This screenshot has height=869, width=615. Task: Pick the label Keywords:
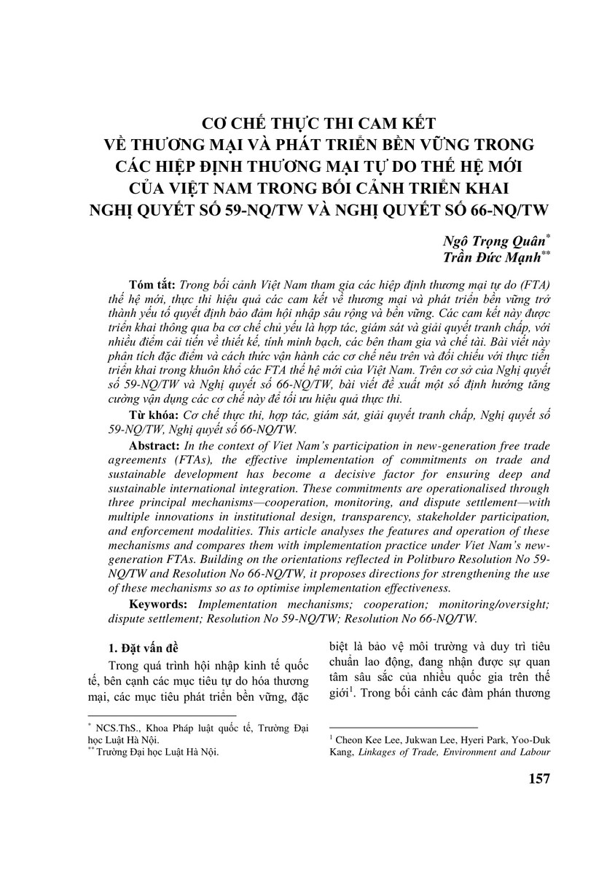[160, 605]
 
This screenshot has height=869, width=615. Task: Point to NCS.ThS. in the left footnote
[109, 726]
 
